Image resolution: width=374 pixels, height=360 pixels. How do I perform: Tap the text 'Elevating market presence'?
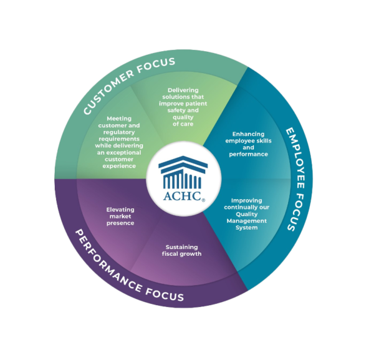120,216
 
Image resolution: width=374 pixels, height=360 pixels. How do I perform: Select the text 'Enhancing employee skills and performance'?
249,144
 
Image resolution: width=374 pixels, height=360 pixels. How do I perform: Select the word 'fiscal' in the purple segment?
172,254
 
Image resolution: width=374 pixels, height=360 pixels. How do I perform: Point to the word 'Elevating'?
120,209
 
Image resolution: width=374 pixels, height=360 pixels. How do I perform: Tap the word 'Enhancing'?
249,134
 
